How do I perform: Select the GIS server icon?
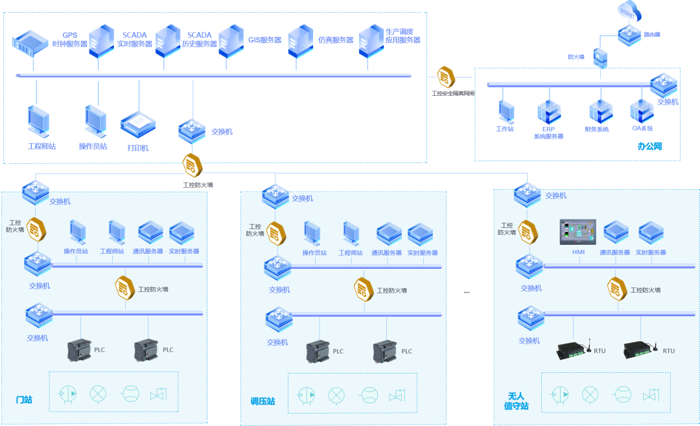pos(231,40)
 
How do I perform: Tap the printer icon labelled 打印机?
pos(137,125)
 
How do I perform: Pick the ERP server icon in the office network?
pos(548,111)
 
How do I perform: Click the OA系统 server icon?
pos(642,111)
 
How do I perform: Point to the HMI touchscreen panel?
pos(577,232)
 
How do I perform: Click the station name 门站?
pos(24,399)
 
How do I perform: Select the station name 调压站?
pos(262,401)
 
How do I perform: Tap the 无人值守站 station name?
pos(517,401)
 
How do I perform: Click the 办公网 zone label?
pos(649,146)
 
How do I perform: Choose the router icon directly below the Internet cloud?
pos(629,34)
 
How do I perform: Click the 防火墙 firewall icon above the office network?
pos(600,58)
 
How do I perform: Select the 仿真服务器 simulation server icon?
pos(300,40)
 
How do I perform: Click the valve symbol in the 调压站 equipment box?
pos(397,395)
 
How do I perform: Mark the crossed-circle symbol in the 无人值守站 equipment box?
pos(589,394)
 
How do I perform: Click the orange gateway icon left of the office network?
pos(446,77)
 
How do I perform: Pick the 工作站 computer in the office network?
pos(506,111)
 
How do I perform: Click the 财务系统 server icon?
pos(600,111)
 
